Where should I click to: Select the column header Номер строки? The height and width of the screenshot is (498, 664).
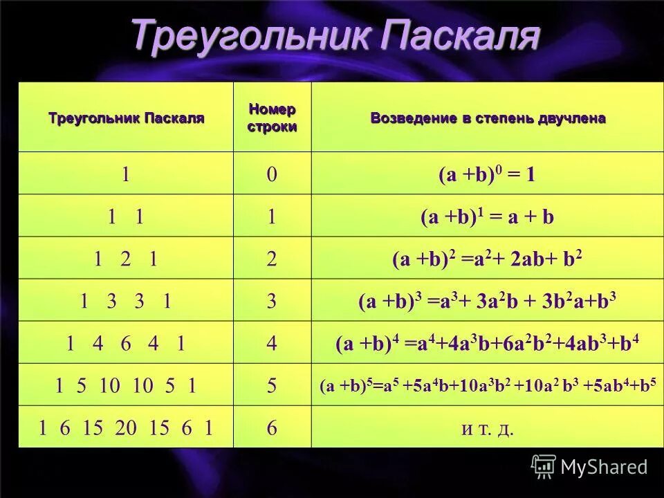[272, 118]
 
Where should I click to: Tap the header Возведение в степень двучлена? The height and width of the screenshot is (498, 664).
[488, 118]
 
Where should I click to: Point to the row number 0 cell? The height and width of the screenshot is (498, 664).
[272, 174]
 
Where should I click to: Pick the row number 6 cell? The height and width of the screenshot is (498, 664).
[272, 428]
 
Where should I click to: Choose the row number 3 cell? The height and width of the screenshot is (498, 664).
[272, 302]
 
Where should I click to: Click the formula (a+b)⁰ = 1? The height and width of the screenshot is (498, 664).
[487, 174]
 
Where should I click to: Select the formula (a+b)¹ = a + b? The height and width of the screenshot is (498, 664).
[487, 216]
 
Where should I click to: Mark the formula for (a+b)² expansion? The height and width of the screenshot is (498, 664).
[487, 259]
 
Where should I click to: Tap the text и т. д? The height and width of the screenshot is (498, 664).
[487, 428]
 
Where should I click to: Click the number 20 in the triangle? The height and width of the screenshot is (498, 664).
[126, 428]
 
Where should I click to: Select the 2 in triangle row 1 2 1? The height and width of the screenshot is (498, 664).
[125, 259]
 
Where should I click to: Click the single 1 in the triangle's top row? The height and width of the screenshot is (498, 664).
[125, 174]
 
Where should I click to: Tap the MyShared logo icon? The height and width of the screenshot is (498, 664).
[544, 466]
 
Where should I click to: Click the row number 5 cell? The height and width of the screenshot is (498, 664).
[272, 386]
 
